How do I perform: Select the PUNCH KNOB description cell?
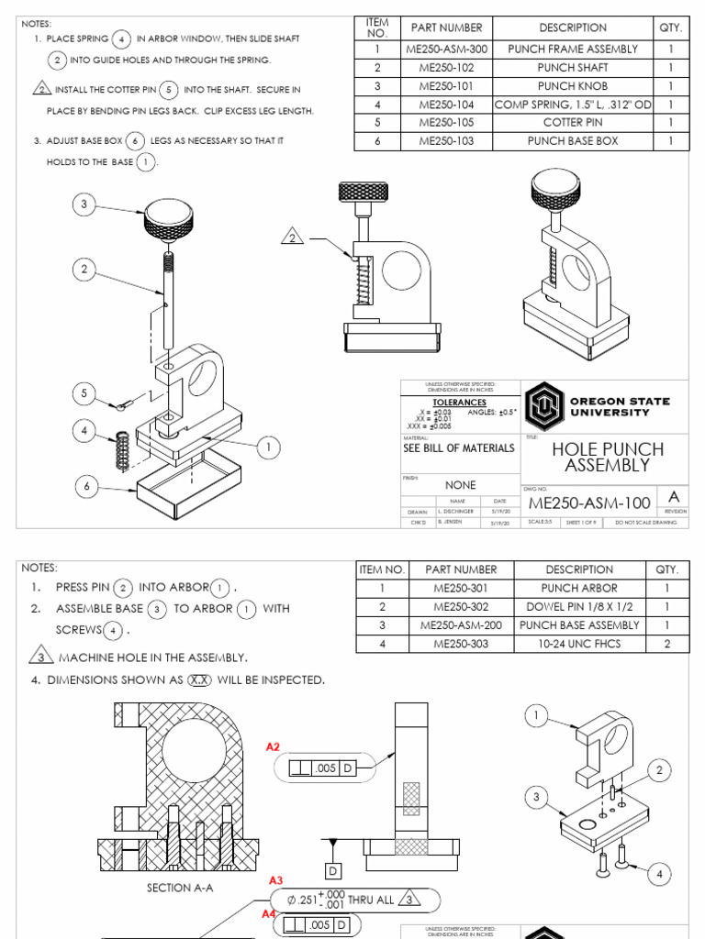573,86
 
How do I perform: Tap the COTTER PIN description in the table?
573,123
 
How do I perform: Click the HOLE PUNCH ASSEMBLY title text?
600,457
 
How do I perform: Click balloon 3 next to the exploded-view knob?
84,205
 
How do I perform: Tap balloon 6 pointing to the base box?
87,487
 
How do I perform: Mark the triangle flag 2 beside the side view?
293,238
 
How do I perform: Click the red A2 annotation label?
273,747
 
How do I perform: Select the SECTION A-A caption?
180,888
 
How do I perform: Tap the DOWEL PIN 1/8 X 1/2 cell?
579,607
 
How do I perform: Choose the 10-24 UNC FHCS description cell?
579,644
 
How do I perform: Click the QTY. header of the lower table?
666,569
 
